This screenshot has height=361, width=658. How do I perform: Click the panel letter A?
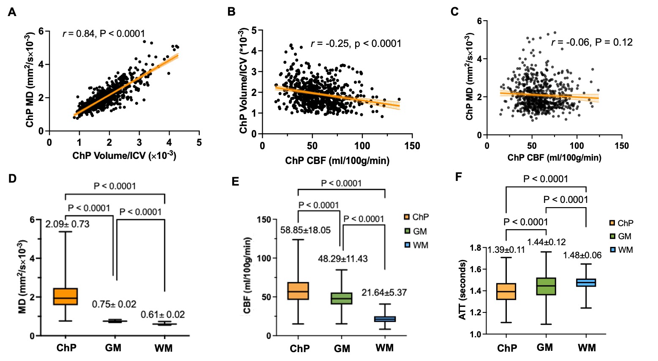[12, 12]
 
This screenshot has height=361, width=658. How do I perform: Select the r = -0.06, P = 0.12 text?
[592, 42]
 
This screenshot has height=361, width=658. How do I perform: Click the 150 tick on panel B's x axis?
[412, 146]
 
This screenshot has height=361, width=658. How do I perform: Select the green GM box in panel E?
[342, 298]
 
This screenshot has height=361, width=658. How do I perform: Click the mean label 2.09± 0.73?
[67, 224]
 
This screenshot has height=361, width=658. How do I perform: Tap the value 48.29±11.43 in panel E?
[343, 259]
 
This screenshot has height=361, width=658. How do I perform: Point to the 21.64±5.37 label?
[384, 293]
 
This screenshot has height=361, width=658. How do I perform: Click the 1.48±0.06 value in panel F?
[582, 255]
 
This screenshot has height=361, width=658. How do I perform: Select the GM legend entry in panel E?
[416, 231]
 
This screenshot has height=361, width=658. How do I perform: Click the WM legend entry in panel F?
[621, 250]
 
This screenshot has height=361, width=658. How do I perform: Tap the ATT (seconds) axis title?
[462, 290]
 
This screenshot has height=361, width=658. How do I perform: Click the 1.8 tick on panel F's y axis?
[476, 248]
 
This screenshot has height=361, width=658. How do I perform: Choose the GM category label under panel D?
[113, 348]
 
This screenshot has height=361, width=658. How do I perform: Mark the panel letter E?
[235, 181]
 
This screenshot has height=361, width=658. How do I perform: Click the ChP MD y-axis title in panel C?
[470, 77]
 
